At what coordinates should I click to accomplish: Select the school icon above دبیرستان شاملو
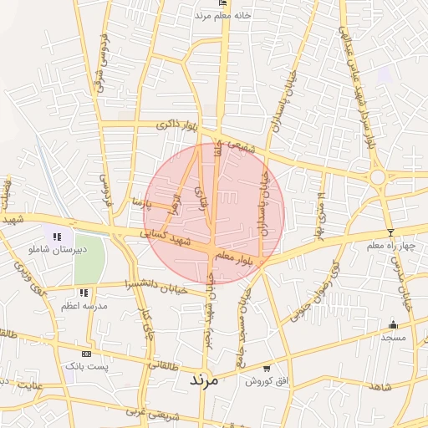click(x=57, y=237)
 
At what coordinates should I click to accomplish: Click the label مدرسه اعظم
click(x=84, y=306)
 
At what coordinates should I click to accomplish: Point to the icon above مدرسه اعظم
click(x=84, y=293)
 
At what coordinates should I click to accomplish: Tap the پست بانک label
click(x=85, y=367)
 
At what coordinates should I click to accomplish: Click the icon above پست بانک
click(x=85, y=354)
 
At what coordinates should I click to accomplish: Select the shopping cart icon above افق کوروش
click(x=267, y=368)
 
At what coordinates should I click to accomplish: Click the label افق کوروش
click(x=267, y=380)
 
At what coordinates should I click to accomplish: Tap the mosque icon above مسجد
click(x=393, y=324)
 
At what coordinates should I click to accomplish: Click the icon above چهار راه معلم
click(x=390, y=232)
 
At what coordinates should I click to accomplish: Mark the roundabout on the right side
click(x=378, y=176)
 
